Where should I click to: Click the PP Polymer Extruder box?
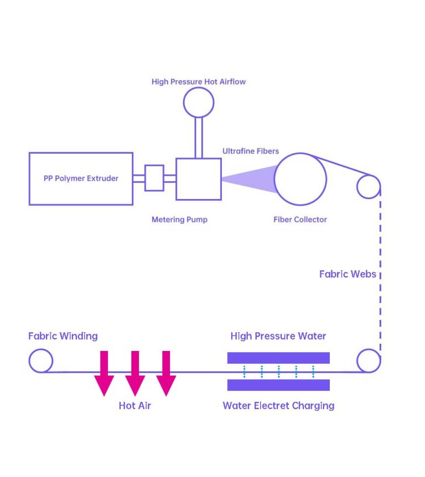[x=81, y=179]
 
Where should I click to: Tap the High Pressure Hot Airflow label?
[x=198, y=82]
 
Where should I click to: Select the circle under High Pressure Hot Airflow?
[x=198, y=102]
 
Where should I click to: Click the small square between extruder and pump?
[x=154, y=178]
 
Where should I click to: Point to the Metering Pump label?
[x=179, y=219]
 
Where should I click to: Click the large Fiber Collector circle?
[x=300, y=179]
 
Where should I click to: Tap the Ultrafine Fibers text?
[x=251, y=151]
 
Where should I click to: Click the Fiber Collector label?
[x=300, y=219]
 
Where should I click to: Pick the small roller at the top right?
[x=368, y=186]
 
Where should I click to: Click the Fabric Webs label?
[x=348, y=274]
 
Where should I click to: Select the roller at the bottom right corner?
[x=368, y=361]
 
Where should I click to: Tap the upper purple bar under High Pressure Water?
[x=278, y=358]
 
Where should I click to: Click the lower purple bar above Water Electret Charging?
[x=278, y=385]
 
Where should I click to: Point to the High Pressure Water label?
[x=278, y=336]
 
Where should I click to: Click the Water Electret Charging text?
[x=278, y=406]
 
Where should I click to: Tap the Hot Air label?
[x=134, y=406]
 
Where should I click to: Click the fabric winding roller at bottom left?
[x=40, y=361]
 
